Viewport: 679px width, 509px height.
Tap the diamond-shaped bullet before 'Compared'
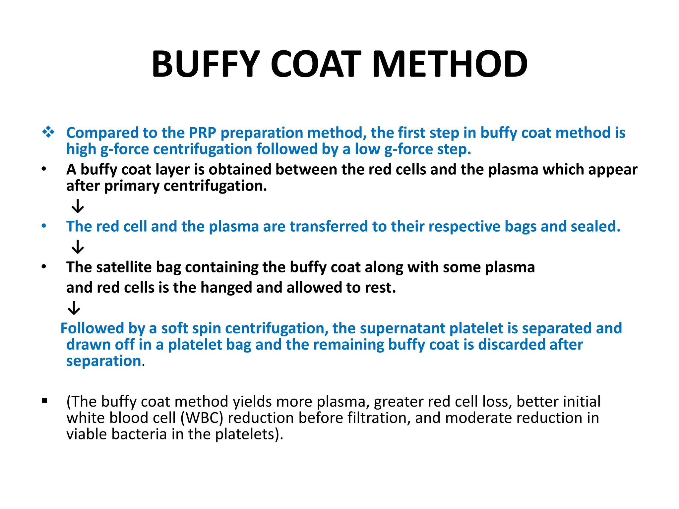(x=48, y=132)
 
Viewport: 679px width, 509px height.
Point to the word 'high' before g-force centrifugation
(x=81, y=149)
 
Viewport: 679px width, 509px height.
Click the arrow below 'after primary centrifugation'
(x=78, y=206)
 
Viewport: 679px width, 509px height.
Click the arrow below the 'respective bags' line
(x=78, y=247)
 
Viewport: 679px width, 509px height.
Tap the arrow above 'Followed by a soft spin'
(x=74, y=308)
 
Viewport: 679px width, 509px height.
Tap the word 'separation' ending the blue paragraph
(x=104, y=361)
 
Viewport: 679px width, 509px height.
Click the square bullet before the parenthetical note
(x=45, y=401)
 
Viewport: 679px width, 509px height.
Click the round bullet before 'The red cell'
(x=44, y=226)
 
